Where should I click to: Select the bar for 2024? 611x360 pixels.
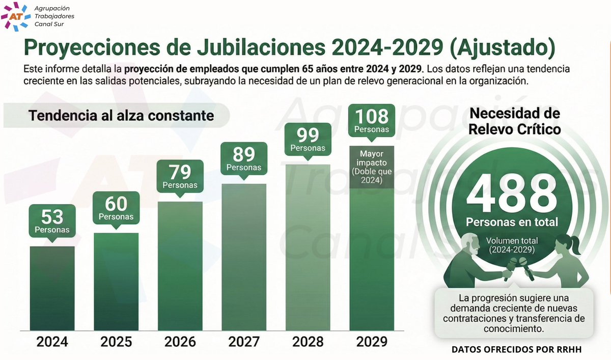tap(52, 287)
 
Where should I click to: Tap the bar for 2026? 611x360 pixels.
tap(180, 265)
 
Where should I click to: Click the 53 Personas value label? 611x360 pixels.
tap(52, 220)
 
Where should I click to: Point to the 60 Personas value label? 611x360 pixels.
tap(116, 208)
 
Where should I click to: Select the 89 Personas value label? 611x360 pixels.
tap(244, 158)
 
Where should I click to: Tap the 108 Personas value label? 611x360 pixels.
tap(371, 120)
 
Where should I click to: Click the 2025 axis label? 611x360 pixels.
tap(116, 341)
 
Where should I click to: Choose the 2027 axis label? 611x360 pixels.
tap(244, 341)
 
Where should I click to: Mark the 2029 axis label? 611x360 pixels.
tap(371, 341)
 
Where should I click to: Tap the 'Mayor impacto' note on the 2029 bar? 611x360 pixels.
tap(371, 167)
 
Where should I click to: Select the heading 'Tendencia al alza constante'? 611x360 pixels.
tap(121, 116)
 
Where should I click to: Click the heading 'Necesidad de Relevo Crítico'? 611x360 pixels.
tap(514, 121)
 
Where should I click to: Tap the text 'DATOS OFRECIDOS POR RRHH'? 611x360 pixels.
tap(516, 350)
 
